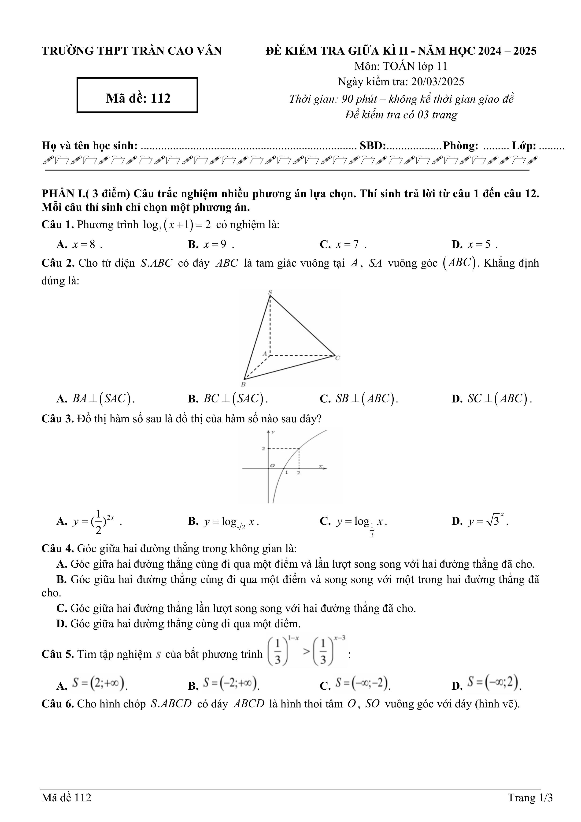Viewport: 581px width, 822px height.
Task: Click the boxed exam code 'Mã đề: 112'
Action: [138, 98]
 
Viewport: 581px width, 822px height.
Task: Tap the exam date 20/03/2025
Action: [437, 82]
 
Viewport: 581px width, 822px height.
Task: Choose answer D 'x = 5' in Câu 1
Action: [474, 245]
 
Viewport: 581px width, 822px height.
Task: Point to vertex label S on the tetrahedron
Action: [270, 292]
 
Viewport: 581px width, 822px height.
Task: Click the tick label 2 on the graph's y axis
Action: [263, 448]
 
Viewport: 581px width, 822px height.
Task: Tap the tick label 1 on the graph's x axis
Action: [286, 472]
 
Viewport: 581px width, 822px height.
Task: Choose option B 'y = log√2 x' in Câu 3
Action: [224, 522]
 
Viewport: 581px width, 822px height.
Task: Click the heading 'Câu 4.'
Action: [58, 548]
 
